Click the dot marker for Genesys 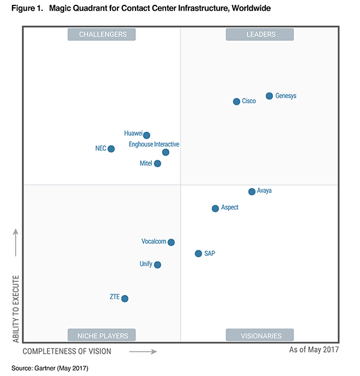[x=269, y=96]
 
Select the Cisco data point [x=236, y=102]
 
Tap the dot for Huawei [x=146, y=135]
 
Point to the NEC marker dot [x=111, y=148]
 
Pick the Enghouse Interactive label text [x=154, y=144]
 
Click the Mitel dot [x=157, y=163]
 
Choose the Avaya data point [x=252, y=192]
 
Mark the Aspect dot [x=215, y=208]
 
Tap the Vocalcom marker [x=171, y=242]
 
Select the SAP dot [x=198, y=253]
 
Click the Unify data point [x=157, y=264]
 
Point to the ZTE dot [x=125, y=298]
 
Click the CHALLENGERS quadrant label [x=101, y=34]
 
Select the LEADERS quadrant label [x=260, y=34]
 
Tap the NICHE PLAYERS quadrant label [x=101, y=335]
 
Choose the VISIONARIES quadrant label [x=260, y=335]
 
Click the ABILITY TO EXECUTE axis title [x=16, y=309]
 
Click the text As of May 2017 [x=314, y=350]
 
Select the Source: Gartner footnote [x=50, y=367]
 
